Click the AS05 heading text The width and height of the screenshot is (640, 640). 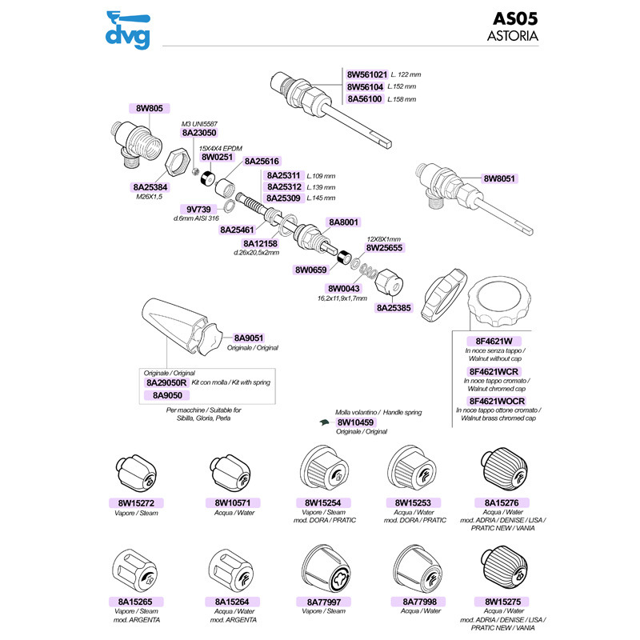click(515, 18)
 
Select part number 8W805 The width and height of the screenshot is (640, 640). click(150, 108)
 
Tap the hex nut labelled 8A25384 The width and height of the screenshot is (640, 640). click(178, 163)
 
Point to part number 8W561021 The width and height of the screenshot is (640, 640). click(367, 74)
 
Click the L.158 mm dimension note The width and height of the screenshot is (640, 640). click(402, 99)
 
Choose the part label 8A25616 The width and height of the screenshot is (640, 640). click(262, 162)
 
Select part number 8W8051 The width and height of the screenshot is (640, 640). click(499, 178)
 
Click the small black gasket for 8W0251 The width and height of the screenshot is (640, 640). click(208, 178)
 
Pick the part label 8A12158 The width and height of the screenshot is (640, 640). click(261, 244)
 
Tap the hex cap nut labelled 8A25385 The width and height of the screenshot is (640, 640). click(389, 282)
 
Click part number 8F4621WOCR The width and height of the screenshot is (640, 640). click(497, 402)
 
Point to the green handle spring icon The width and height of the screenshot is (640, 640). click(324, 422)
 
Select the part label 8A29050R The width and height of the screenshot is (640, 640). click(166, 382)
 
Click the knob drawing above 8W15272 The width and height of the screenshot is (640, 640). click(136, 474)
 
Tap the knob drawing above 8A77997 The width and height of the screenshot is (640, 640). click(326, 569)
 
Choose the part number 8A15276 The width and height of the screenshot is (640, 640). click(502, 503)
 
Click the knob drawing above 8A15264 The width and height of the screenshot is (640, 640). click(231, 570)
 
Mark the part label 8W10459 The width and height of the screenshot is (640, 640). click(355, 422)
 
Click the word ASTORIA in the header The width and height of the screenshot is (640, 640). click(513, 36)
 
